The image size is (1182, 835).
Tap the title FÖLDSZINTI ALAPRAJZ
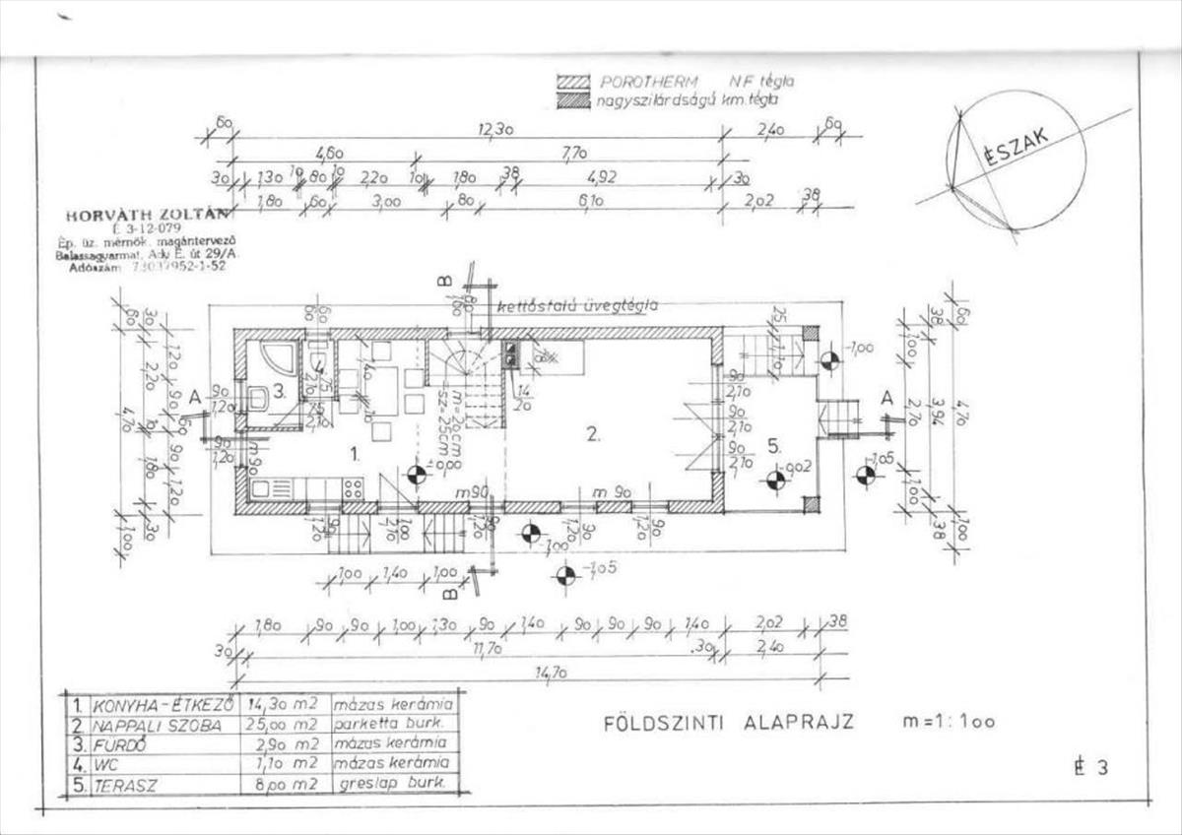[728, 722]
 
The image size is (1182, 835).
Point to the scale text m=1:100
[949, 722]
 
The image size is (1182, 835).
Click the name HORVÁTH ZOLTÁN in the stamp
[146, 215]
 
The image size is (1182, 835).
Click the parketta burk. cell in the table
[393, 725]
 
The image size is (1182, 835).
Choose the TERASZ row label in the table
[127, 785]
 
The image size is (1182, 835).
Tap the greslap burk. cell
[393, 784]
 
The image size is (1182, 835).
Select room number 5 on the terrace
[775, 446]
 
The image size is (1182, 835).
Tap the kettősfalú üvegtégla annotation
[577, 305]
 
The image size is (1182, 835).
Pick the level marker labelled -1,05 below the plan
[566, 575]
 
